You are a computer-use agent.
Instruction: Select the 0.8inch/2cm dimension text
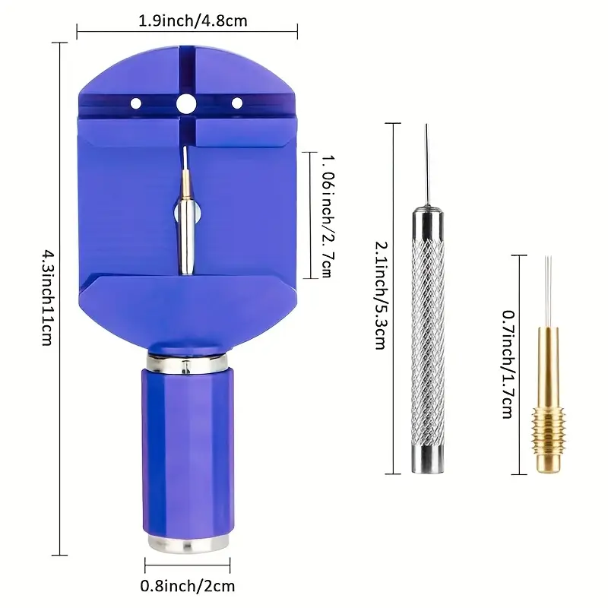point(187,585)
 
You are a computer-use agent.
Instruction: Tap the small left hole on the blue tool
point(136,103)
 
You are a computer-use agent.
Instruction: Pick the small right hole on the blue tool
point(236,103)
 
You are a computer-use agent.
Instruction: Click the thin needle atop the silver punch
point(427,163)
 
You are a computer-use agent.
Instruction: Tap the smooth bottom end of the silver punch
point(427,460)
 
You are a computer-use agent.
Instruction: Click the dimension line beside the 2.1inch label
point(393,296)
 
